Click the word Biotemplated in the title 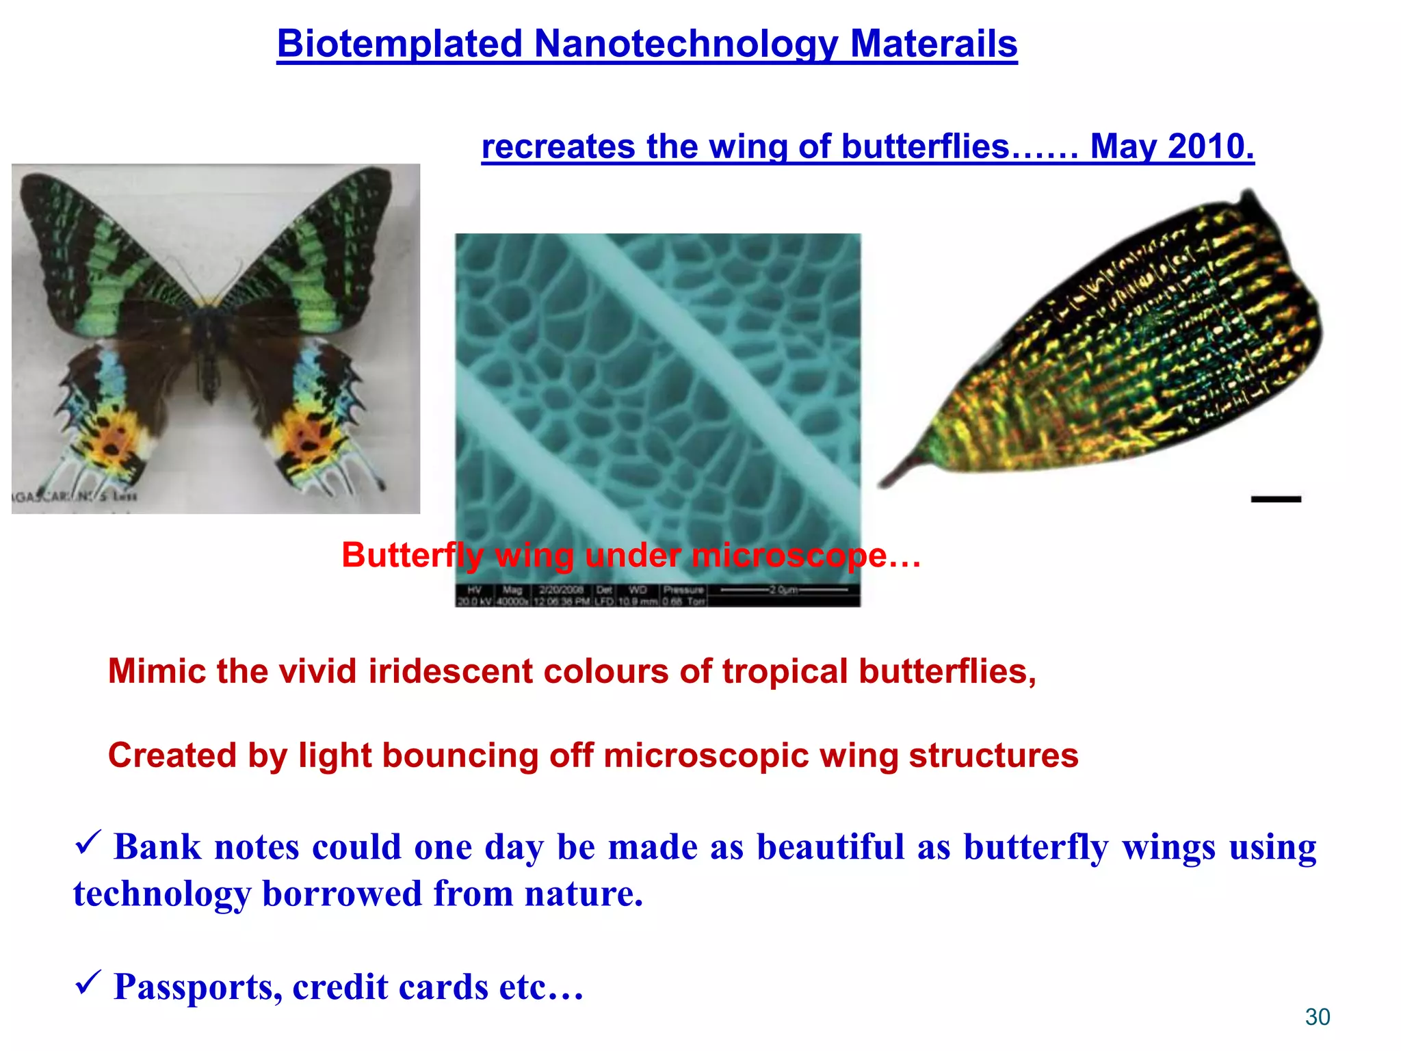click(400, 44)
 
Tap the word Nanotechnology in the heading click(685, 44)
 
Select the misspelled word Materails click(933, 44)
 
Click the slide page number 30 click(1318, 1017)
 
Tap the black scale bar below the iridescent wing click(1276, 499)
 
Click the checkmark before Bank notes click(88, 843)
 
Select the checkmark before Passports click(88, 983)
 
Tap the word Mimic click(157, 671)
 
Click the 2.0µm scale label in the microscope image click(784, 589)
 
